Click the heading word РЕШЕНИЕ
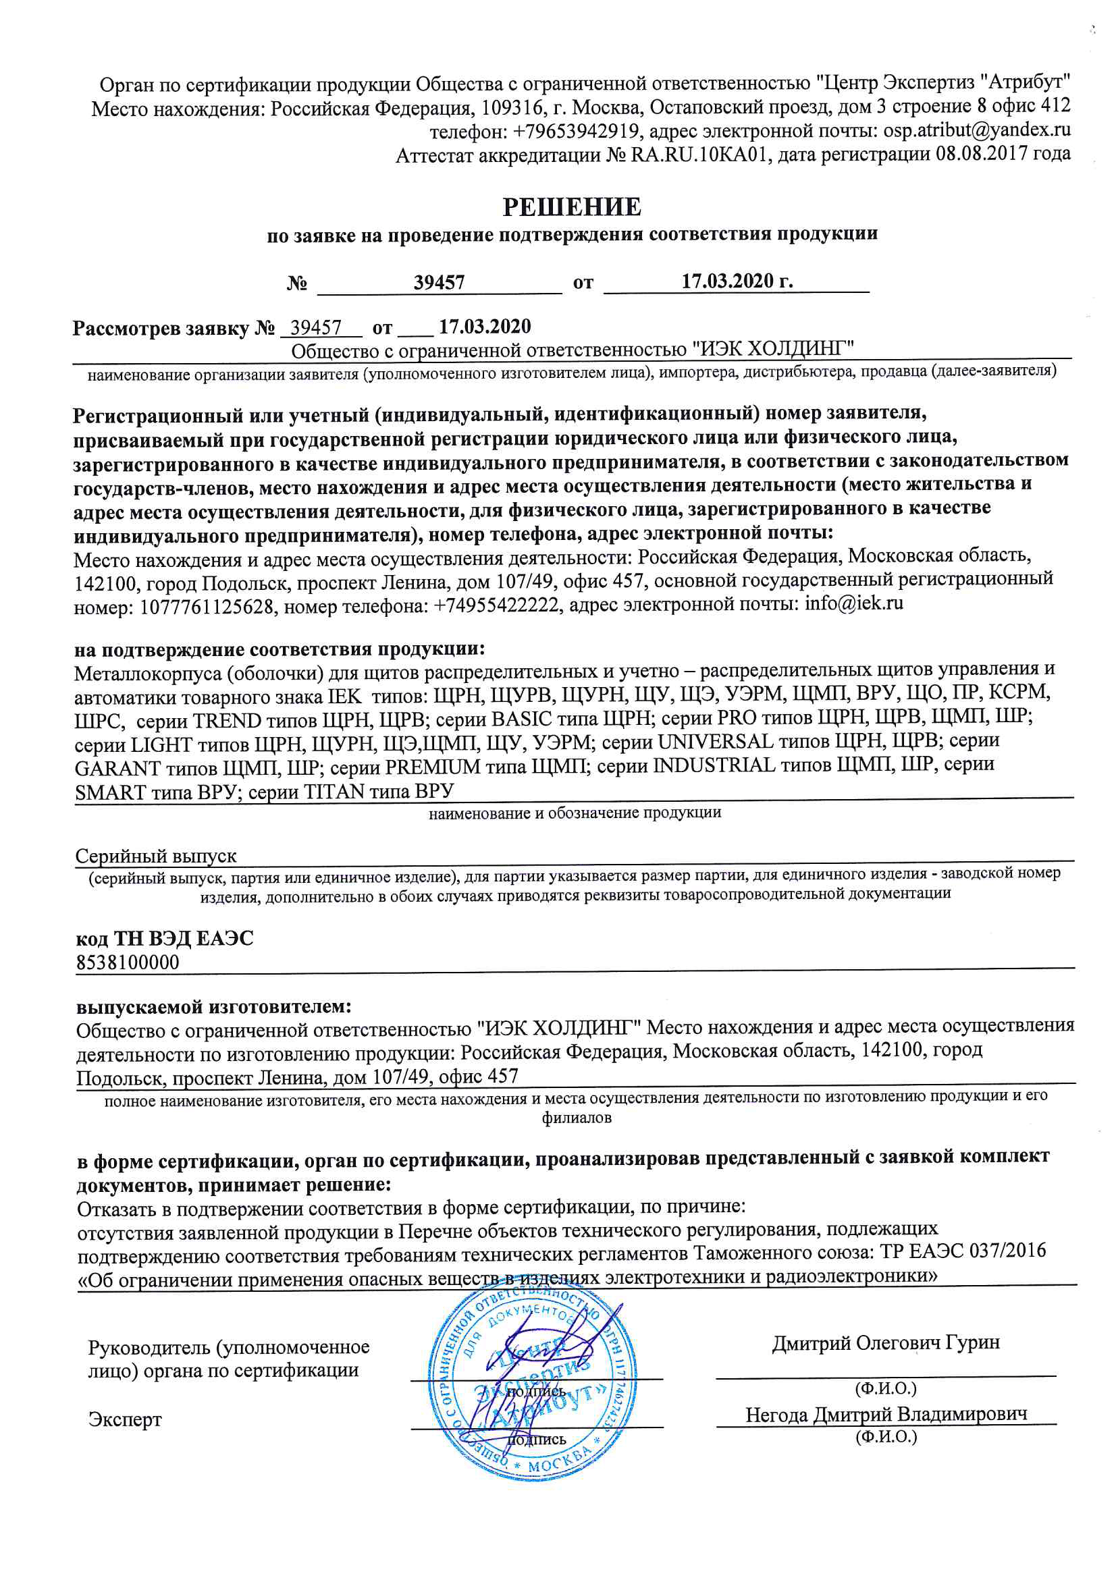pyautogui.click(x=571, y=207)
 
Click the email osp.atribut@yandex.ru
pyautogui.click(x=976, y=130)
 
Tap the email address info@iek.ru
pyautogui.click(x=854, y=604)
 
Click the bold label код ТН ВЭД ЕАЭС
pyautogui.click(x=164, y=938)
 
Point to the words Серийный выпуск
pyautogui.click(x=155, y=856)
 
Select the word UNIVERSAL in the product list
pyautogui.click(x=715, y=742)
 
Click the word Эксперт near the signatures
pyautogui.click(x=125, y=1419)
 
